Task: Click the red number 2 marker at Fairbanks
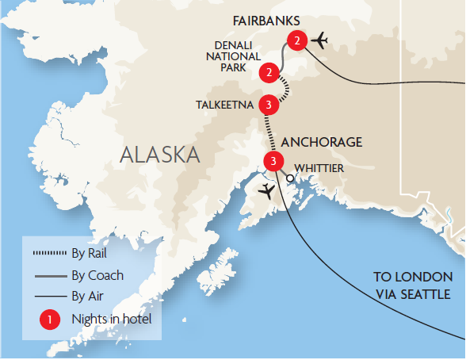coord(296,40)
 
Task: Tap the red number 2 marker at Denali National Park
coord(270,73)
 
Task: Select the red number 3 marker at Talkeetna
coord(270,105)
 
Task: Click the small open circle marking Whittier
coord(290,179)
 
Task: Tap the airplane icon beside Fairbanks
coord(321,40)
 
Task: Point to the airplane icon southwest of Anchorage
coord(267,191)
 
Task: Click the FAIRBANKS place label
coord(264,18)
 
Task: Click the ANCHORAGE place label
coord(322,143)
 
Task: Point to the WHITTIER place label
coord(318,168)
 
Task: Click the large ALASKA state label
coord(159,154)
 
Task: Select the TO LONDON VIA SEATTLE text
coord(413,285)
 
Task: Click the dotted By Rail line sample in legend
coord(49,255)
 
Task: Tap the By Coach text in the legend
coord(97,276)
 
